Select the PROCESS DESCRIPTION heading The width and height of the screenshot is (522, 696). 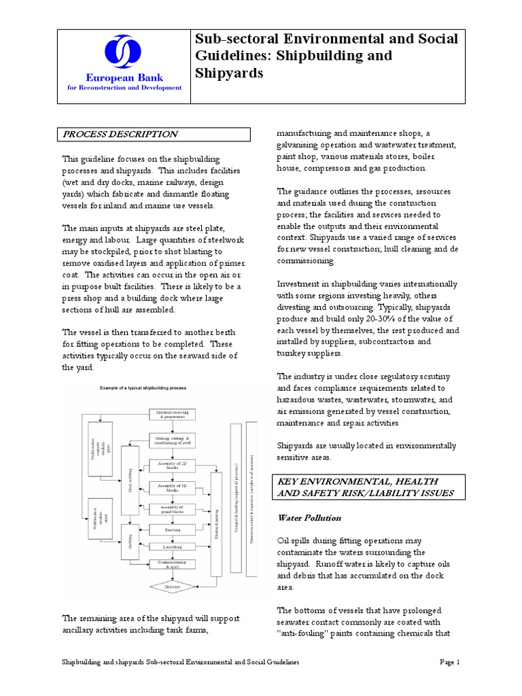click(121, 135)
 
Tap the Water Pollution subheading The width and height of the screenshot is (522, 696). click(309, 517)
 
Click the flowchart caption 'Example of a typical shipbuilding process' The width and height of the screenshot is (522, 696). click(143, 387)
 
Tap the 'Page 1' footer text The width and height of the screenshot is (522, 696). click(449, 662)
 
